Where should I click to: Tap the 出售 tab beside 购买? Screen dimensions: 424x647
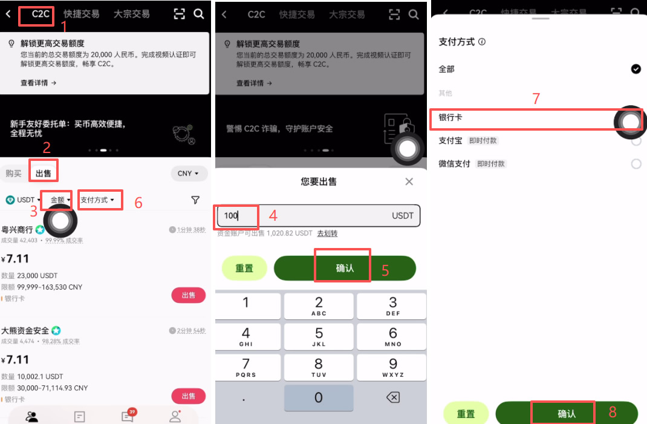[44, 174]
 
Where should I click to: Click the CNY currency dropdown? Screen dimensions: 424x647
[189, 174]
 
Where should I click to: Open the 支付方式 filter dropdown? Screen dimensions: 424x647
[97, 200]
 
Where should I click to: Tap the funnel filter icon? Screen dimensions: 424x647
[195, 200]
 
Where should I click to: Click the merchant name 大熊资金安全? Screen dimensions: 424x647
[25, 331]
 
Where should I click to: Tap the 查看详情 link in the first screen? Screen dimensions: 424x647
[38, 83]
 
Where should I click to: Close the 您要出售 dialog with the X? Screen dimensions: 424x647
[409, 181]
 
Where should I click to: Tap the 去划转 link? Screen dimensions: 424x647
[327, 233]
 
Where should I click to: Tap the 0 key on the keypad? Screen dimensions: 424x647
[319, 397]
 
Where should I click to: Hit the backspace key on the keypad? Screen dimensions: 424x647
[392, 397]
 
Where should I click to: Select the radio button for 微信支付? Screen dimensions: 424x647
[636, 164]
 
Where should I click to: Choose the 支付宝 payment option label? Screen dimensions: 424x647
[450, 140]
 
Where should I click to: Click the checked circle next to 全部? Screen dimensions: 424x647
[636, 69]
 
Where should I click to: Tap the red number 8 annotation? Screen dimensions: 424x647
[613, 413]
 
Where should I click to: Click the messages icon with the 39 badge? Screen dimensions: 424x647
[128, 416]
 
